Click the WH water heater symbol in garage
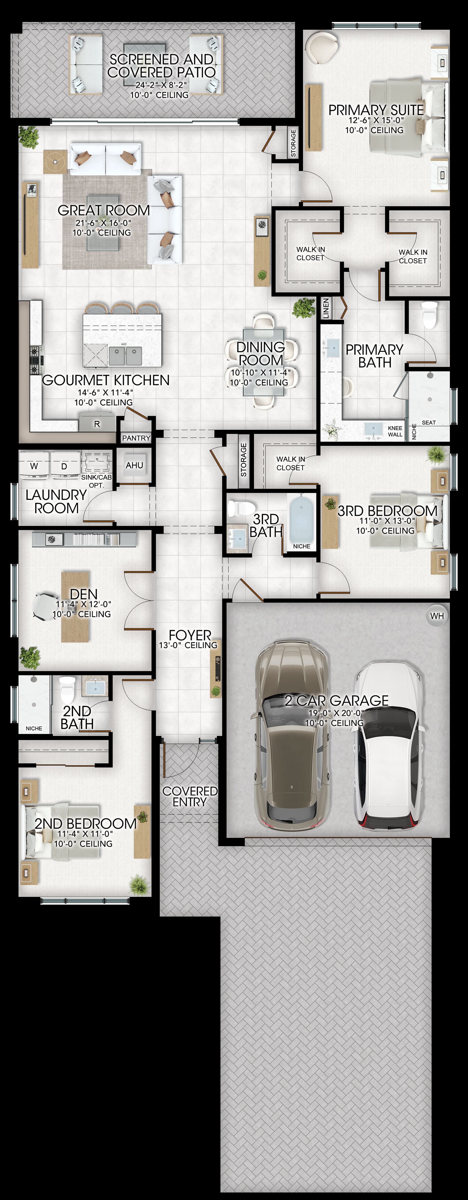coord(437,616)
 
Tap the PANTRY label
coord(136,438)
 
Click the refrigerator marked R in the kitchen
coord(97,423)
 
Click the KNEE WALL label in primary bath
coord(395,431)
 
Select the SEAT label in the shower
coord(429,422)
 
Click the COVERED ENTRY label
coord(190,797)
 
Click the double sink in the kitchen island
coord(126,356)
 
